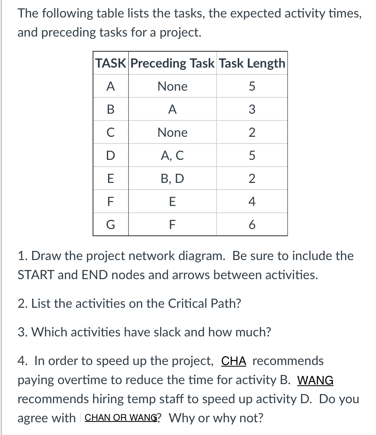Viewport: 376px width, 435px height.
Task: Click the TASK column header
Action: tap(110, 63)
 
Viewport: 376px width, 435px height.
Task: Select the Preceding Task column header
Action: tap(172, 63)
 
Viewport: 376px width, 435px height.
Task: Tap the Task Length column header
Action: tap(252, 63)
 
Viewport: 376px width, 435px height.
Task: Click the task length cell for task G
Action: tap(252, 225)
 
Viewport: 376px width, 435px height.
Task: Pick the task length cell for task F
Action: tap(252, 202)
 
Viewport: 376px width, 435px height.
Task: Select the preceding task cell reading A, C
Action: tap(172, 156)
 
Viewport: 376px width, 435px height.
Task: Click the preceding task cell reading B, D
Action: tap(172, 179)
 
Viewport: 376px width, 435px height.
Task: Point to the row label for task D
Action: tap(110, 156)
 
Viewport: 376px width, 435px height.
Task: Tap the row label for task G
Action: tap(110, 225)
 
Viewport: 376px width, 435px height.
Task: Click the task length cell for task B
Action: tap(252, 110)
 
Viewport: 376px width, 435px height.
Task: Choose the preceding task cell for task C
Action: tap(172, 133)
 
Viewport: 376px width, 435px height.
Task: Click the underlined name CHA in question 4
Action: tap(234, 361)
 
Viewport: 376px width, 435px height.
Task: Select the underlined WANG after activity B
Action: tap(315, 381)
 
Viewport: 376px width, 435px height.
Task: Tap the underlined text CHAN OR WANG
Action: tap(121, 418)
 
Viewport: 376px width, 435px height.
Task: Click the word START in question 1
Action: tap(35, 275)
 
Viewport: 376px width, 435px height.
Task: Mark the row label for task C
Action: tap(110, 133)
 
